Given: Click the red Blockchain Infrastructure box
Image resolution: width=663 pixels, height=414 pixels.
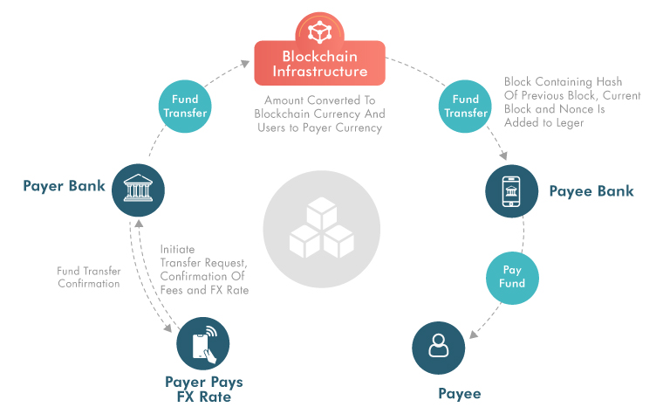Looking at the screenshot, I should [319, 63].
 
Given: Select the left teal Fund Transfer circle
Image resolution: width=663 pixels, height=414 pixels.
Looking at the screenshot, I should [185, 107].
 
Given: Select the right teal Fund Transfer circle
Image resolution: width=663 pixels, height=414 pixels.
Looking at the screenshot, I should [465, 107].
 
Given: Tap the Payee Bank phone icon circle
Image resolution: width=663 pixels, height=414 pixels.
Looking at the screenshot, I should [511, 190].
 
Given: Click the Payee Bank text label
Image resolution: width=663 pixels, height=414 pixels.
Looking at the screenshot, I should [591, 191].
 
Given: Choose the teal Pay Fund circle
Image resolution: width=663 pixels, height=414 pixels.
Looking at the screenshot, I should [511, 277].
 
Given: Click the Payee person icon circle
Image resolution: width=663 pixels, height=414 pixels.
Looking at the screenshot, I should [438, 348].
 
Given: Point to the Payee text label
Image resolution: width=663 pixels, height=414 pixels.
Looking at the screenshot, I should [459, 394].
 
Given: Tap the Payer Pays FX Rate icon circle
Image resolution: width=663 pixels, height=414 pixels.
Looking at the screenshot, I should [202, 344].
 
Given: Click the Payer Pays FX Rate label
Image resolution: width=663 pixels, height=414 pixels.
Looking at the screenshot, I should [203, 390].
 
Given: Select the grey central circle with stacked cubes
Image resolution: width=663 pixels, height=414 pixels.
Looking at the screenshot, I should [320, 224].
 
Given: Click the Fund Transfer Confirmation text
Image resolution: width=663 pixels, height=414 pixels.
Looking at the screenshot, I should [88, 277].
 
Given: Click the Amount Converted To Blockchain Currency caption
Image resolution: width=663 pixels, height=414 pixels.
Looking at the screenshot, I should [319, 114].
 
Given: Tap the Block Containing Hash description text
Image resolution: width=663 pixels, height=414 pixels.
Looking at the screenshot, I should [571, 102].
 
